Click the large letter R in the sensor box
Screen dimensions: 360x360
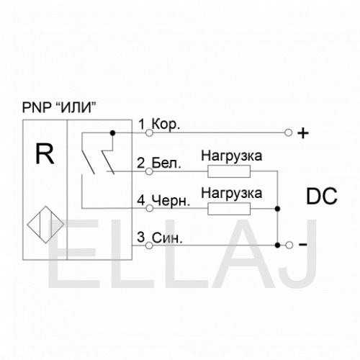coord(45,153)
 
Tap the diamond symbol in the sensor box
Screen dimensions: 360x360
coord(45,225)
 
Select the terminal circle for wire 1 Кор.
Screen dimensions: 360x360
coord(149,132)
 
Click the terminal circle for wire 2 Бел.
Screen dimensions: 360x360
coord(149,171)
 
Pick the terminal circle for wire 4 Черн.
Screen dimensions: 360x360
coord(149,208)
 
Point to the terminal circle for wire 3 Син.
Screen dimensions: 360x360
coord(149,246)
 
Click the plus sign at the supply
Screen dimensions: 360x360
coord(303,133)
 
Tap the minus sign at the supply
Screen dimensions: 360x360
coord(303,245)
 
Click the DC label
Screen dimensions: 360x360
coord(322,196)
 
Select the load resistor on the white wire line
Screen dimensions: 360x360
coord(229,171)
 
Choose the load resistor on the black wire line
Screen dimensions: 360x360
coord(229,209)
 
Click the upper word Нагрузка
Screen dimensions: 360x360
coord(232,156)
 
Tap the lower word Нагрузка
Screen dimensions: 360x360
coord(232,194)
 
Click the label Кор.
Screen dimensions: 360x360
coord(166,125)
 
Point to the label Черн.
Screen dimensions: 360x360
coord(171,201)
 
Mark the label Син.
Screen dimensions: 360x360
coord(167,238)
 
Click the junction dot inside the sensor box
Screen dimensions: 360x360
coord(112,132)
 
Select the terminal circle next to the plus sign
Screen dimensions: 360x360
coord(288,132)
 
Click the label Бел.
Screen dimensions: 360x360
coord(166,163)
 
